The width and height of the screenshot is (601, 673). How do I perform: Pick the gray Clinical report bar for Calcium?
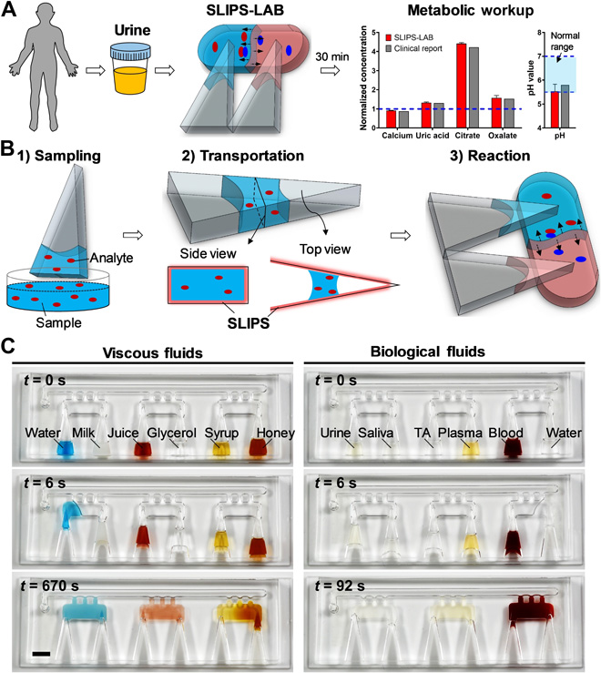point(403,118)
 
